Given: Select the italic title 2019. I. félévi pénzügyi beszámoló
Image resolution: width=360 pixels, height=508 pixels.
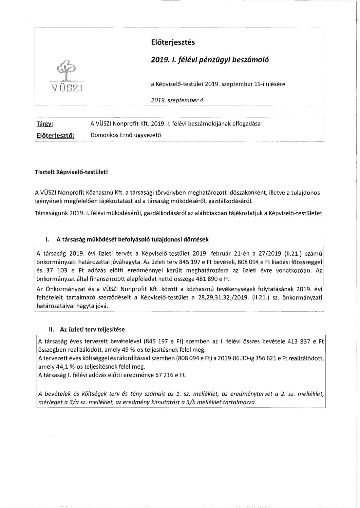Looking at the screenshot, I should coord(210,60).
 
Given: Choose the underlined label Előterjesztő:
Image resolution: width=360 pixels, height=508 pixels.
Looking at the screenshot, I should coord(55,135).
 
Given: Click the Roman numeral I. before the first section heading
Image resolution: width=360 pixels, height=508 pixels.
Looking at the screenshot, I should coord(46,239).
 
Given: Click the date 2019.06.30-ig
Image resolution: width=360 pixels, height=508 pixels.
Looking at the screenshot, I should coord(230,358).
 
